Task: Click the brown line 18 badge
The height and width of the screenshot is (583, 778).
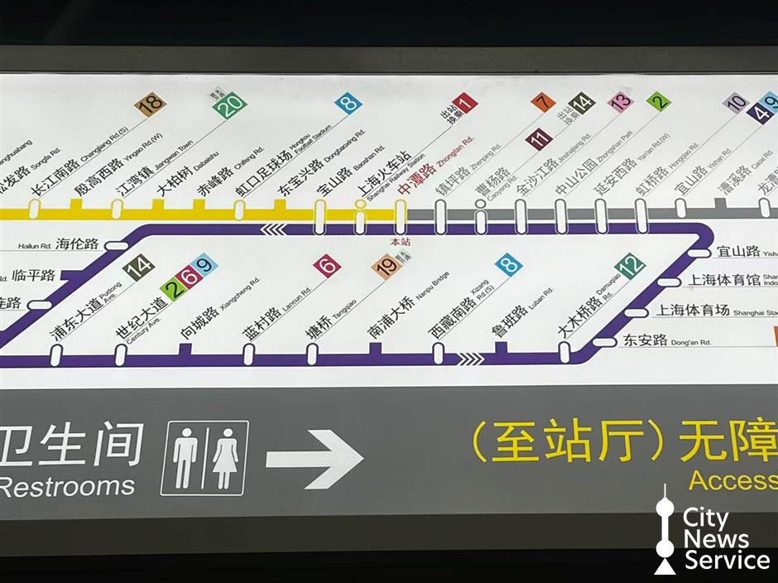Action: [151, 104]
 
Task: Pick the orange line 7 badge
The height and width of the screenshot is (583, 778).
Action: [542, 103]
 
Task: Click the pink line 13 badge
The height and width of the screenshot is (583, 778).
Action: [620, 102]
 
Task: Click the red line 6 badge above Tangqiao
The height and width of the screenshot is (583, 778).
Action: [327, 266]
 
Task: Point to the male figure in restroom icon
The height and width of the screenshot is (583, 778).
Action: [185, 458]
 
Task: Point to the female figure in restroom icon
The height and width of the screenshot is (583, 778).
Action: [225, 458]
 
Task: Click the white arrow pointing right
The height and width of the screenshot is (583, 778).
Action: [315, 458]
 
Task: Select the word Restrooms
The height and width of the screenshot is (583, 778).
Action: [66, 485]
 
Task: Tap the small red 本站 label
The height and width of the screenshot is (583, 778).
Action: [401, 243]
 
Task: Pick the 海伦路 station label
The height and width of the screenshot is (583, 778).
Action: [79, 243]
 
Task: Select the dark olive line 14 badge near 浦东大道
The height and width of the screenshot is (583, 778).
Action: [138, 267]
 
